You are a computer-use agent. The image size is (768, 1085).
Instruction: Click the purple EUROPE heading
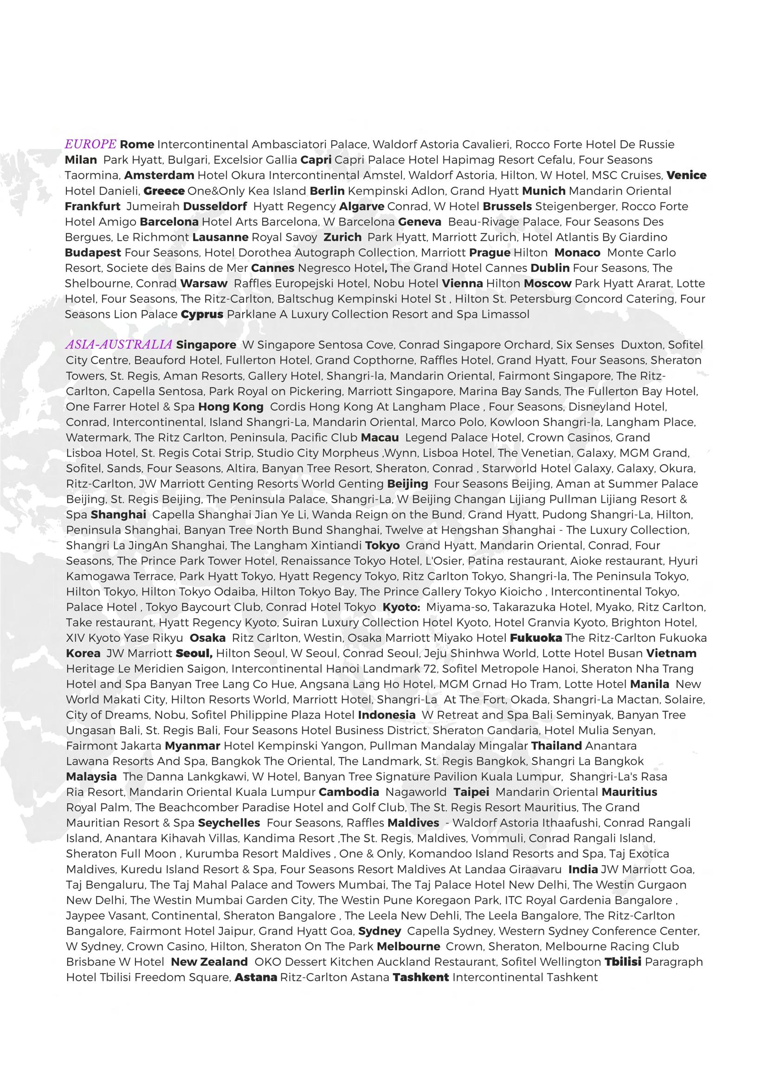coord(90,144)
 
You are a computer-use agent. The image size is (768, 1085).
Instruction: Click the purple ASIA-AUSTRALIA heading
coord(119,345)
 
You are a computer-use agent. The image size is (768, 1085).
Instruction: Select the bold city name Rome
coord(137,144)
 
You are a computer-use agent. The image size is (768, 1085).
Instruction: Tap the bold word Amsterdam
coord(159,175)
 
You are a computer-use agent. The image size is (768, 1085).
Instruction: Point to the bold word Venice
coord(687,175)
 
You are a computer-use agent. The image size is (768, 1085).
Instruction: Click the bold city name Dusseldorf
coord(215,206)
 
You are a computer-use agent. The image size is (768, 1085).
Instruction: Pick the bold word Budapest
coord(93,252)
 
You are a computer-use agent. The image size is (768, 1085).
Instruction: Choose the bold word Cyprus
coord(202,315)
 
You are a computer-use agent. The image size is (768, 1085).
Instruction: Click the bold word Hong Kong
coord(231,407)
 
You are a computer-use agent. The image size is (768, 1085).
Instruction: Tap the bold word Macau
coord(380,438)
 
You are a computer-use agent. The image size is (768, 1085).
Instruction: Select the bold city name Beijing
coord(407,484)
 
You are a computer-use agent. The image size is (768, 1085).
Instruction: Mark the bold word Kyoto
coord(401,607)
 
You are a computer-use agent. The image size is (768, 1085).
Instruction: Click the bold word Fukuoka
coord(536,638)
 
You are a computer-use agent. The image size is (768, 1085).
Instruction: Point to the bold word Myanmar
coord(193,746)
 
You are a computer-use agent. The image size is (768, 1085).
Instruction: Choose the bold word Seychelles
coord(229,823)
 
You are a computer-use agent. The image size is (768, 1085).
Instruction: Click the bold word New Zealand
coord(209,962)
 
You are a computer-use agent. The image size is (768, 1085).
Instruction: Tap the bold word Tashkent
coord(421,977)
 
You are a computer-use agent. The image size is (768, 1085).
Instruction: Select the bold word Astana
coord(256,977)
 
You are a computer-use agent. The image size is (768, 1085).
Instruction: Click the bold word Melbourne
coord(408,946)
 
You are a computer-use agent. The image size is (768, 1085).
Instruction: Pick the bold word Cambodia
coord(349,792)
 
